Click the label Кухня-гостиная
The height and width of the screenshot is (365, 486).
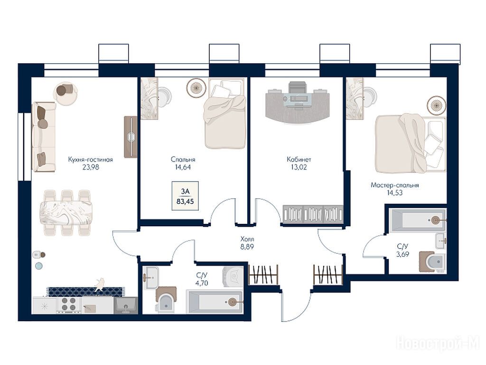point(91,160)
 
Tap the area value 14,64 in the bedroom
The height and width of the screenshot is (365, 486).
point(183,167)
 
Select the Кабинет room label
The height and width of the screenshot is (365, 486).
point(299,160)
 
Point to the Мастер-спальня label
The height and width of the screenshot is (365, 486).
point(394,185)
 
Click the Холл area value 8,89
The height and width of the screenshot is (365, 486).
point(247,247)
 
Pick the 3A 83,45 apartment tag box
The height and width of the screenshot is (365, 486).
point(185,196)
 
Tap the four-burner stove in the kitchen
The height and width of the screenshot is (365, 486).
point(68,304)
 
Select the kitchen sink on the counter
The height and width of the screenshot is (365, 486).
point(125,306)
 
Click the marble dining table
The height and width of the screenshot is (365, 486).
point(65,213)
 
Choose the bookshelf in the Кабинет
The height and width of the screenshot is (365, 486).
point(313,214)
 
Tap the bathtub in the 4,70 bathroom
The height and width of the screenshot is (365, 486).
point(214,302)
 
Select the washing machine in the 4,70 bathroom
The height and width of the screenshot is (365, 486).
point(233,275)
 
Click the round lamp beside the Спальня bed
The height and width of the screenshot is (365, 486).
point(196,87)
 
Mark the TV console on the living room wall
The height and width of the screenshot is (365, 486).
point(131,137)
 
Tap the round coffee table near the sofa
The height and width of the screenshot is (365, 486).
point(65,93)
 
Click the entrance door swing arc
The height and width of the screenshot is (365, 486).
point(302,311)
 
